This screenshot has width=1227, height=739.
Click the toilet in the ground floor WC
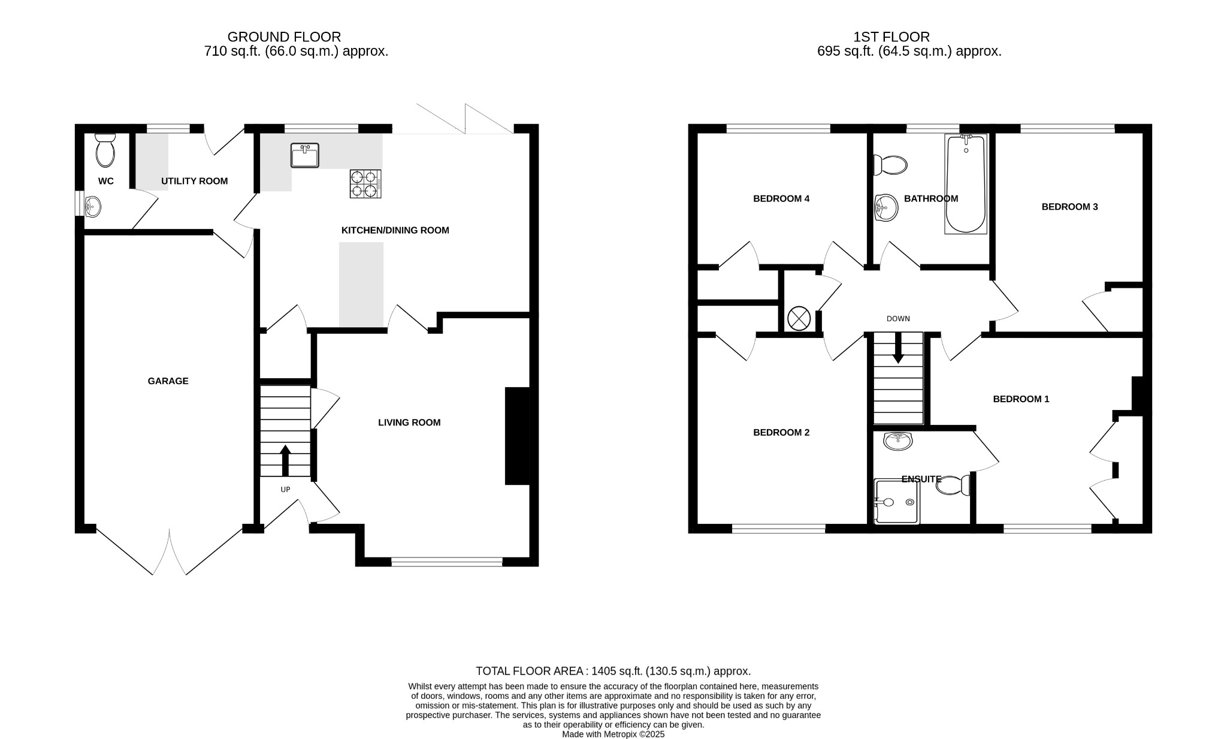coord(105,151)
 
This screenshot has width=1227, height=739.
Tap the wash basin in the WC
coord(92,207)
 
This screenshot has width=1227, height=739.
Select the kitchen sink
coord(305,156)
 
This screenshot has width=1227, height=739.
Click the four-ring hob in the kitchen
coord(365,184)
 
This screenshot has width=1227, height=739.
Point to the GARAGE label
coord(168,381)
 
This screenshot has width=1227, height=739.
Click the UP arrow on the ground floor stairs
coord(285,460)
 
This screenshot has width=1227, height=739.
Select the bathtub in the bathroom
coord(966,184)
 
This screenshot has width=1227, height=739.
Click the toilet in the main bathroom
coord(891,165)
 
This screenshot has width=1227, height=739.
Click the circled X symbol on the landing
coord(799,318)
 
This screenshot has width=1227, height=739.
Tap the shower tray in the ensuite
coord(896,501)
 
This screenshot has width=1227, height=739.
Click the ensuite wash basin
coord(897,441)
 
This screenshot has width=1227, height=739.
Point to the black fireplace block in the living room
coord(517,436)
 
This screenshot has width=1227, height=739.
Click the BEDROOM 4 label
coord(781,199)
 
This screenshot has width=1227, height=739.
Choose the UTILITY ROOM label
coord(194,181)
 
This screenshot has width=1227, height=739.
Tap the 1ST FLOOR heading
coord(891,37)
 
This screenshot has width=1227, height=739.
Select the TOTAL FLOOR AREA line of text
coord(613,671)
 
